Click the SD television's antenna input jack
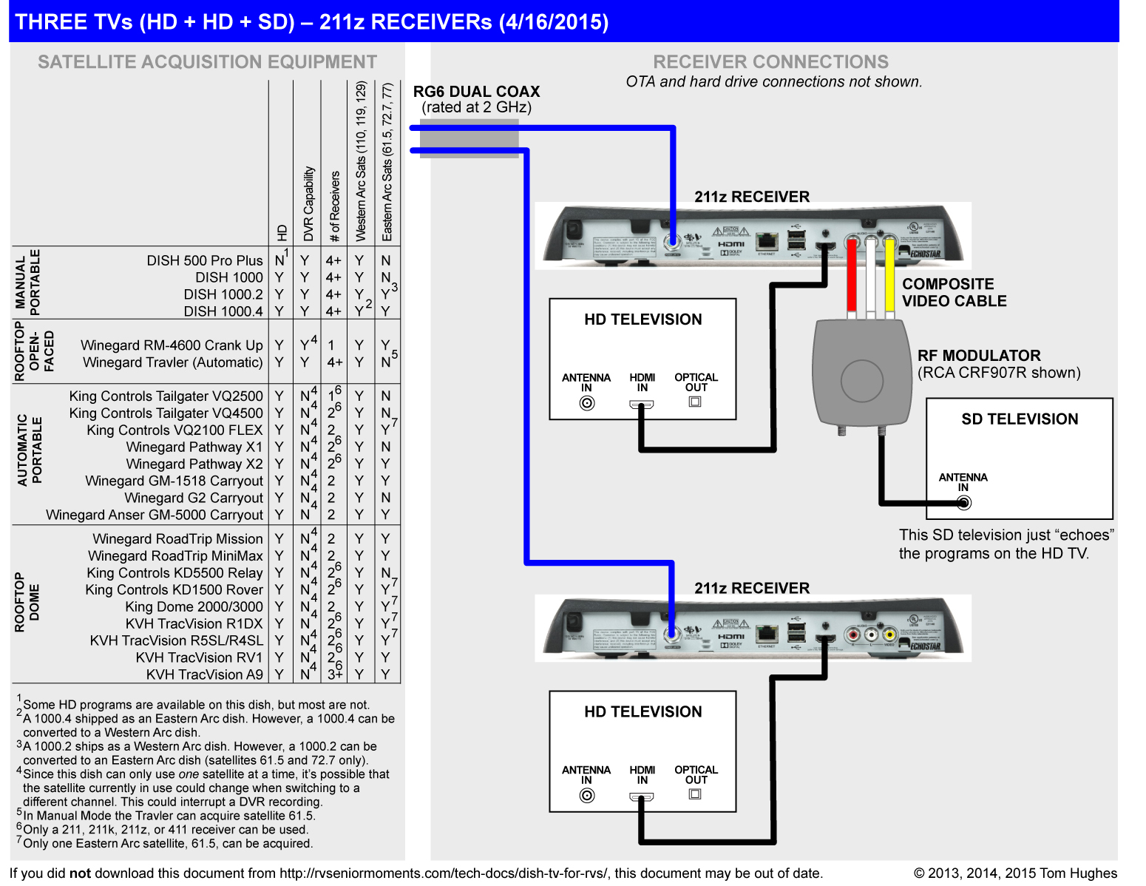coord(963,503)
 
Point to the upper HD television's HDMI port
coord(642,405)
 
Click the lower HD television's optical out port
coord(695,794)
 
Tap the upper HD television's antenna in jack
coord(587,403)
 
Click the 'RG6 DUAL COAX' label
coord(476,92)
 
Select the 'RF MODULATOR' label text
coord(979,356)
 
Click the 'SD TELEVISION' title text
coord(1020,419)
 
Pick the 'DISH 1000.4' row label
coord(223,311)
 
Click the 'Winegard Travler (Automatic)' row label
coord(173,362)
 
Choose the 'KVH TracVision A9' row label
coord(204,674)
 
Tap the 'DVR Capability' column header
coord(308,204)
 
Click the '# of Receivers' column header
coord(334,207)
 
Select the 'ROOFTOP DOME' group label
coord(27,602)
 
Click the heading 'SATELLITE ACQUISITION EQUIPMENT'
coord(207,62)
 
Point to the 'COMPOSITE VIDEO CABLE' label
coord(954,292)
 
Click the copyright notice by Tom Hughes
coord(1015,873)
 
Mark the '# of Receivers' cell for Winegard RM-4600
coord(331,345)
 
